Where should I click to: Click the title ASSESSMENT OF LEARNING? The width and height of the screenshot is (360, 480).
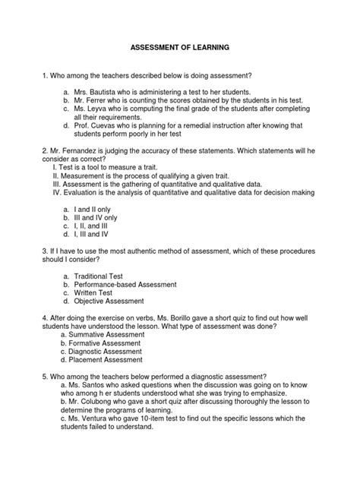click(x=179, y=47)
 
